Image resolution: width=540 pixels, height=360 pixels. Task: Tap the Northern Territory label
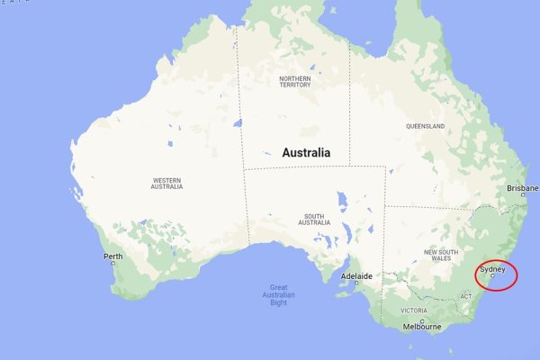coord(295,83)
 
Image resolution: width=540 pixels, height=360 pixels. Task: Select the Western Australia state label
coord(167,184)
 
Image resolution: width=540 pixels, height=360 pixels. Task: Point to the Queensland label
coord(425,126)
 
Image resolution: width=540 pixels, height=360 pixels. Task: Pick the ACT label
coord(465,296)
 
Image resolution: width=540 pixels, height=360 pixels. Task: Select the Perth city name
coord(112,256)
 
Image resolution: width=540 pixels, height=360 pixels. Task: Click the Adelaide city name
coord(357,275)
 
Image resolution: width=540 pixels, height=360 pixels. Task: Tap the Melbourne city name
coord(422,327)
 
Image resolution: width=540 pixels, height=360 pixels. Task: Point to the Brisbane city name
coord(522,188)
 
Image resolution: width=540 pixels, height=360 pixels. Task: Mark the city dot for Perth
coord(113,263)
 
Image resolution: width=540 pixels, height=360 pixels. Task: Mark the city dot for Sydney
coord(492,275)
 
